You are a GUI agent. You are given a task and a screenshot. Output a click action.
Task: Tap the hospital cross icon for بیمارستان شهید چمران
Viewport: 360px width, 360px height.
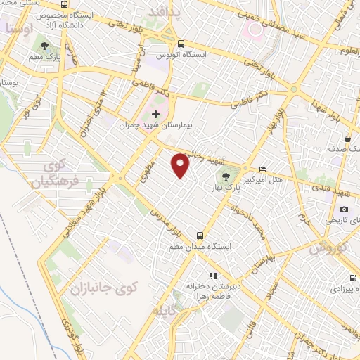coord(156,113)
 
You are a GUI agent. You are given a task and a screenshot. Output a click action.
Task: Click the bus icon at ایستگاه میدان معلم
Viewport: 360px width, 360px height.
coord(200,236)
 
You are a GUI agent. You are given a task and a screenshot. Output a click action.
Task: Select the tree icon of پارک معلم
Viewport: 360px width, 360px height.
coord(45,45)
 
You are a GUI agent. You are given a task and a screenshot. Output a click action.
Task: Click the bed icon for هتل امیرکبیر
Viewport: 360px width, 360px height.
coord(262,169)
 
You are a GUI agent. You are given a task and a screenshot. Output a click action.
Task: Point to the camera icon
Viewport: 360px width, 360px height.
coord(344,209)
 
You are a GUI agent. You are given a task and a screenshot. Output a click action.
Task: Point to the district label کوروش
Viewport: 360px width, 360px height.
coord(328,247)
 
